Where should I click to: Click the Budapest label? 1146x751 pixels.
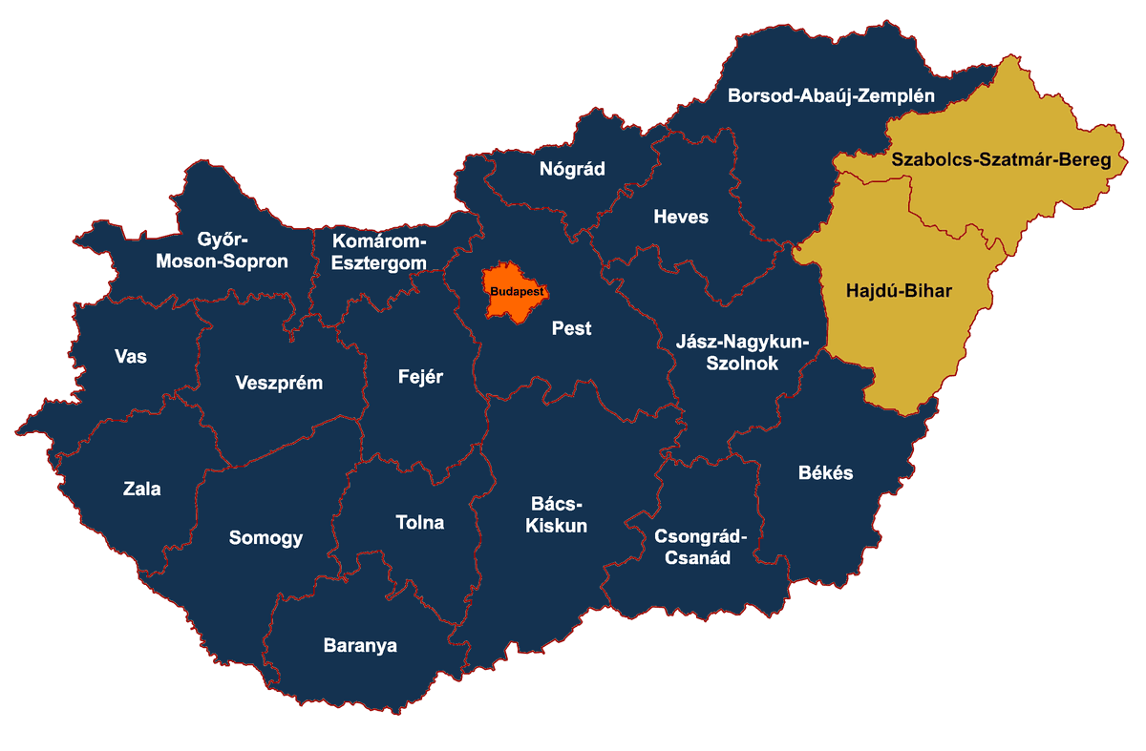[x=516, y=290]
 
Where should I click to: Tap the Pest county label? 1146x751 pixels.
[x=571, y=328]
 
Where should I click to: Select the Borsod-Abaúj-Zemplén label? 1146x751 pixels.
[x=830, y=95]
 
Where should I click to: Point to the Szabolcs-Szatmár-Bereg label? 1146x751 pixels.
[x=1001, y=159]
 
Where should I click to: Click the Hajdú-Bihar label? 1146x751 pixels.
[x=900, y=290]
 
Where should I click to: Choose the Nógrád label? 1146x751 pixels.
[x=572, y=169]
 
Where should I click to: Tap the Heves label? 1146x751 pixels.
[x=681, y=217]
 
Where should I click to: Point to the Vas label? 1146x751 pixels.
[x=131, y=356]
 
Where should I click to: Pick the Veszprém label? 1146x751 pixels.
[x=279, y=383]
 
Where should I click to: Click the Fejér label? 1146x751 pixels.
[x=420, y=376]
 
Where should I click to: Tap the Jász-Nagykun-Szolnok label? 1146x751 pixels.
[x=741, y=352]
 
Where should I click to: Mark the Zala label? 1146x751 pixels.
[x=142, y=490]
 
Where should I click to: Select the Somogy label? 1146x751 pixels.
[x=265, y=537]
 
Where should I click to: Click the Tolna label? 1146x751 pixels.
[x=420, y=522]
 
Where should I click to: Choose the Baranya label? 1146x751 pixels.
[x=360, y=645]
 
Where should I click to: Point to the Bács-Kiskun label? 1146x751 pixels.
[x=556, y=514]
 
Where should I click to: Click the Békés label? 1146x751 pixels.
[x=825, y=472]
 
